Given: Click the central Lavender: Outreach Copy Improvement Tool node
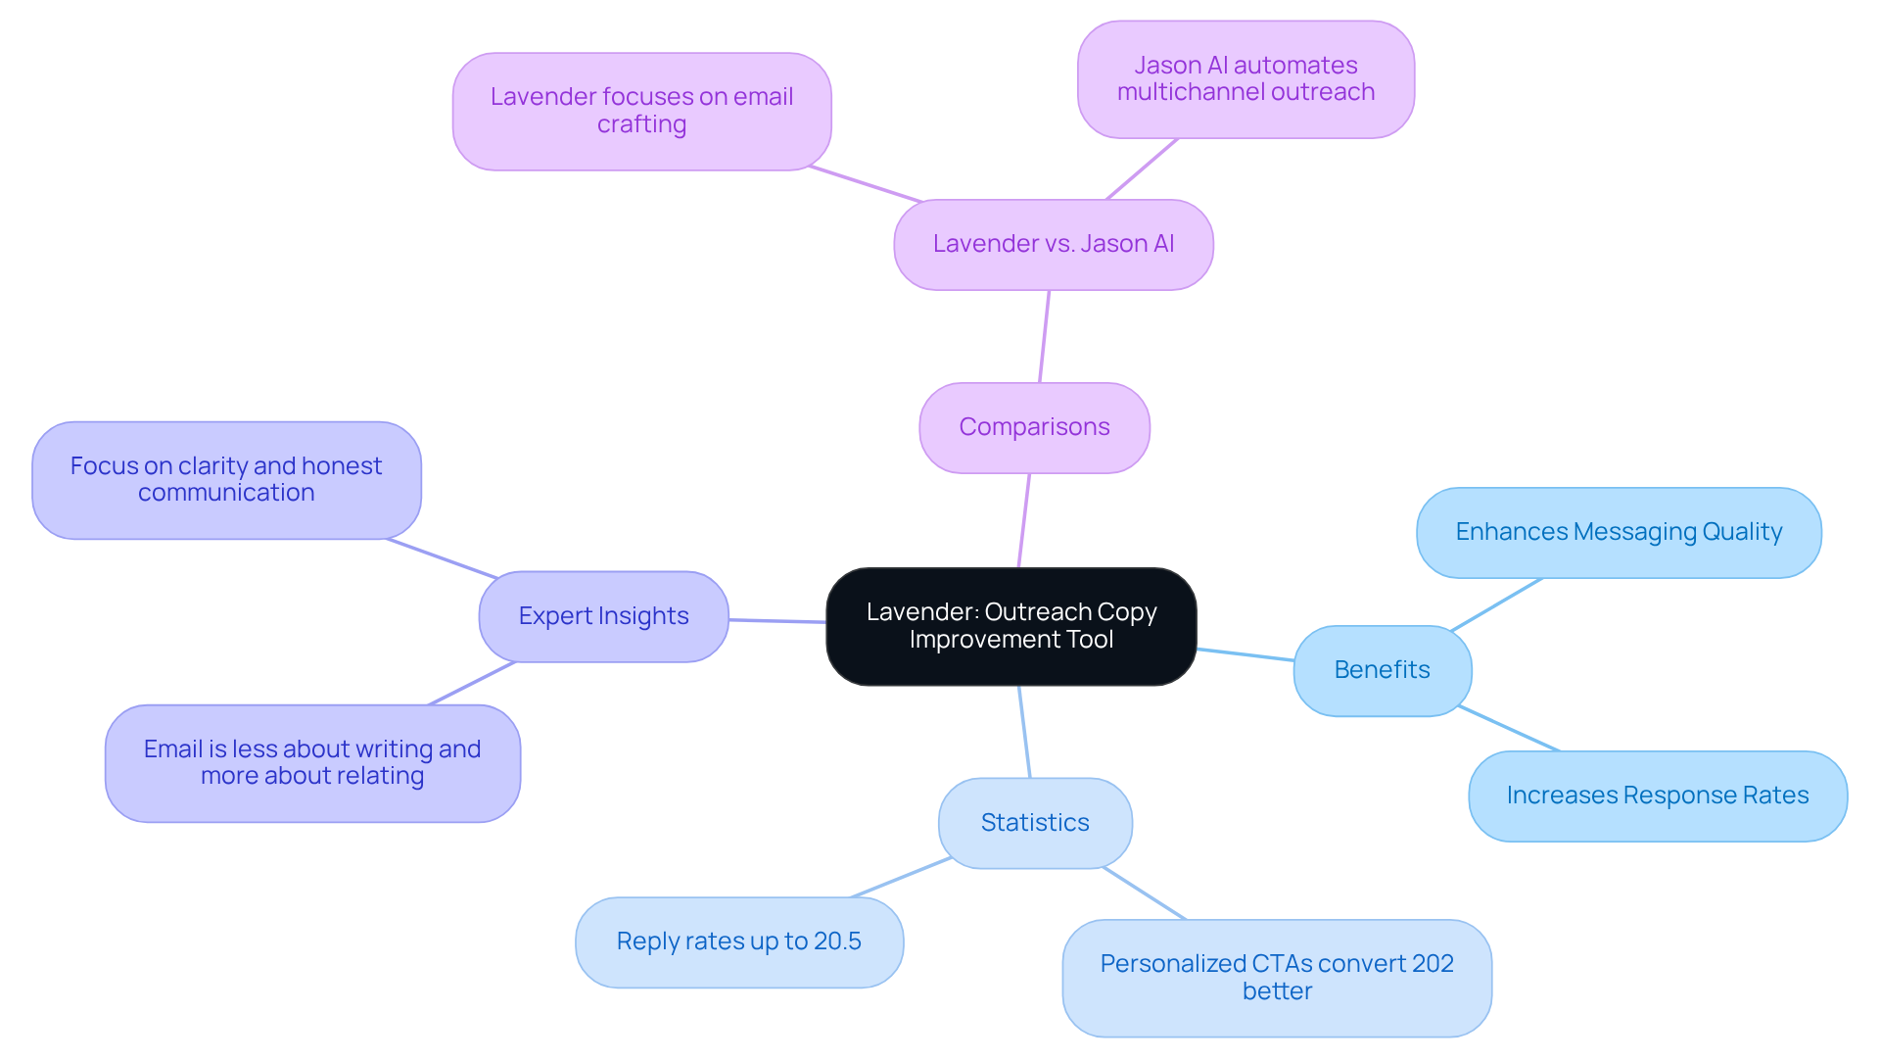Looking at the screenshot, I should click(1010, 626).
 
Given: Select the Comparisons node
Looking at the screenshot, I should click(1034, 427).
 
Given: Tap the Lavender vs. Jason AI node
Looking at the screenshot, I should click(1053, 244).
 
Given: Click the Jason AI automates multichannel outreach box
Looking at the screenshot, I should click(1245, 79).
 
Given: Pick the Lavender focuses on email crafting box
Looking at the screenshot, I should click(641, 111).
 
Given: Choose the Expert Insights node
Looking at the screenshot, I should click(603, 616).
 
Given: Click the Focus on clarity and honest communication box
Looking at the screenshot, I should click(226, 480).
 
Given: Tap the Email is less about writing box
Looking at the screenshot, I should click(312, 762).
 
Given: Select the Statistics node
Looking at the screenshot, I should click(1035, 823).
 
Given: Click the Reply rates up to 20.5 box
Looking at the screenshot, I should click(738, 941).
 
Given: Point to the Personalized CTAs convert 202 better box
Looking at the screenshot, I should click(1276, 977).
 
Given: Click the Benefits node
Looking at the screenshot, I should click(1382, 670).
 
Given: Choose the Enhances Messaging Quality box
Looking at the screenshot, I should click(1618, 532).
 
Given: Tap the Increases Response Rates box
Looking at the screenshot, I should click(1657, 796).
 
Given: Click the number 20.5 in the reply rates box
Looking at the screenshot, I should click(837, 941).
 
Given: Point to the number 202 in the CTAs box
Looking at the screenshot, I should click(1433, 964).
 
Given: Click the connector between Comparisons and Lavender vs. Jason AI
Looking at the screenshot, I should click(1044, 336).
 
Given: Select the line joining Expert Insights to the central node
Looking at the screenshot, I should click(777, 620).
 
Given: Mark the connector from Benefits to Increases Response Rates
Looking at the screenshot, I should click(1508, 728).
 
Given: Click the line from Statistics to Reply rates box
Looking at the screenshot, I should click(901, 878).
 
